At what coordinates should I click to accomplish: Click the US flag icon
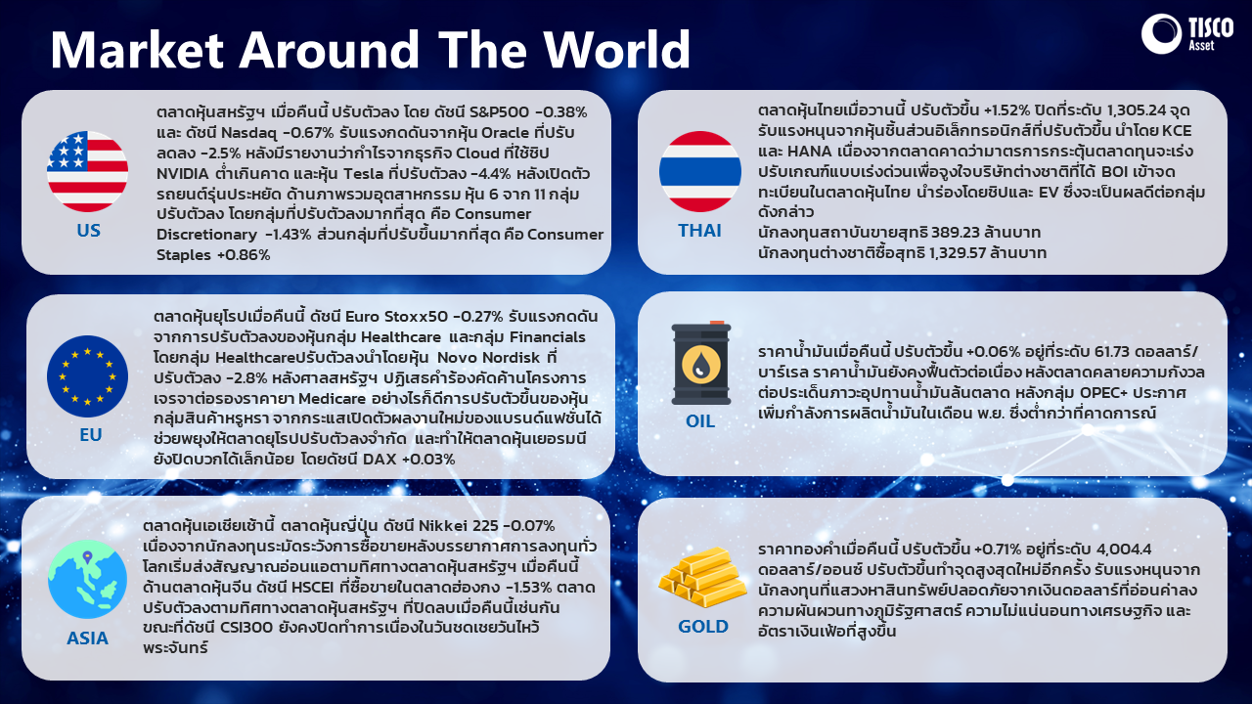[x=87, y=171]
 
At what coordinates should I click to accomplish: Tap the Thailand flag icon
[x=699, y=171]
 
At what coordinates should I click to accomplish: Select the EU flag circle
[x=87, y=376]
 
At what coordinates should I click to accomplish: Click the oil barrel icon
[x=701, y=363]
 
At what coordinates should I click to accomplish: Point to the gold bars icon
[x=702, y=577]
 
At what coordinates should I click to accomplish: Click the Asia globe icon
[x=87, y=579]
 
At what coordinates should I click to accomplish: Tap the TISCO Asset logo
[x=1187, y=33]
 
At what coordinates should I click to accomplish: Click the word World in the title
[x=617, y=49]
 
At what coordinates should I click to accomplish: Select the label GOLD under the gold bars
[x=703, y=627]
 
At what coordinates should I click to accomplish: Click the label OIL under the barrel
[x=700, y=420]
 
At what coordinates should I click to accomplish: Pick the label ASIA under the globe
[x=87, y=638]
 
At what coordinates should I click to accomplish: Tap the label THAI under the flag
[x=699, y=230]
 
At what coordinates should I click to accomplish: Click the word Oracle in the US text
[x=506, y=132]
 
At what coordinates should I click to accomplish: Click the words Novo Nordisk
[x=488, y=358]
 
